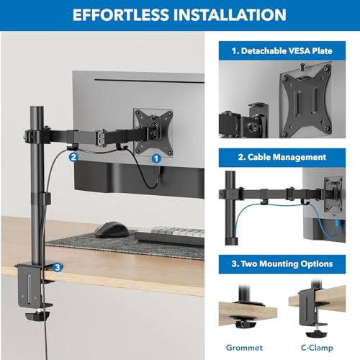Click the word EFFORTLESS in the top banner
tap(121, 15)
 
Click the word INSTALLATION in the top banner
tap(230, 15)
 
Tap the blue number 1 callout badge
tap(156, 158)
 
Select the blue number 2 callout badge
tap(73, 157)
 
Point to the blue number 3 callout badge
tap(58, 267)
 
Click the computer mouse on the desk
tap(112, 230)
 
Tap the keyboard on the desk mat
tap(170, 236)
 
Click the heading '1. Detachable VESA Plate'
tap(282, 51)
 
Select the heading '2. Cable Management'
tap(282, 157)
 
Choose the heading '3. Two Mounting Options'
tap(282, 264)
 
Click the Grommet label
tap(244, 348)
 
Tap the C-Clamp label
tap(317, 348)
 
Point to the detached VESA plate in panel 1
tap(307, 99)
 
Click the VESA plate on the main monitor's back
tap(153, 132)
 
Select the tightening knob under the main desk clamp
tap(37, 315)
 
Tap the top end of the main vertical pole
tap(37, 108)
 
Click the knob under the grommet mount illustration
tap(244, 325)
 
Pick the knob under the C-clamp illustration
tap(317, 334)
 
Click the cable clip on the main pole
tap(45, 198)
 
